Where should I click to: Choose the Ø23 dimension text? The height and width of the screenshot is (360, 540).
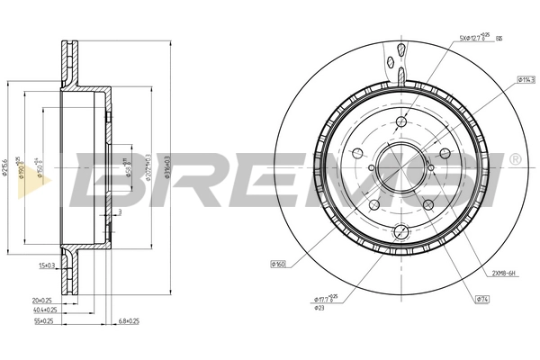tap(320, 308)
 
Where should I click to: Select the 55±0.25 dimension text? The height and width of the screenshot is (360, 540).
tap(33, 319)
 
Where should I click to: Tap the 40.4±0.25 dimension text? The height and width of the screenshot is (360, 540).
tap(35, 309)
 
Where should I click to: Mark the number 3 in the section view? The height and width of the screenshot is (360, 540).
tap(121, 212)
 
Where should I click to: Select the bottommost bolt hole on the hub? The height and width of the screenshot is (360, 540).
tap(402, 233)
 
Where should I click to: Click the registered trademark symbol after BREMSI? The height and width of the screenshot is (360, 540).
tap(514, 159)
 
